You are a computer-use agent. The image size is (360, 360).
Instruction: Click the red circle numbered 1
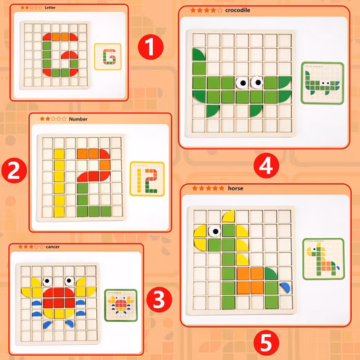150,47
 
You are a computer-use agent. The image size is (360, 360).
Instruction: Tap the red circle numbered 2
14,170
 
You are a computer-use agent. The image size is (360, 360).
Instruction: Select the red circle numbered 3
159,299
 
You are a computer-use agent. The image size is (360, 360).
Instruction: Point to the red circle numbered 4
267,165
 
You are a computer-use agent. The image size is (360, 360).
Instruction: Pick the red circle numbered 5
266,343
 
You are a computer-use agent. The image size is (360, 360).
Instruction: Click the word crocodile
237,10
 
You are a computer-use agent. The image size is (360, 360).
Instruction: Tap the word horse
235,188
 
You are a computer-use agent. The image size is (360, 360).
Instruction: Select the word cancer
53,246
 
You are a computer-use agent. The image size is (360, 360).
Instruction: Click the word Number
78,119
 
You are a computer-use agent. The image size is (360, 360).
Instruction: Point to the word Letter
50,8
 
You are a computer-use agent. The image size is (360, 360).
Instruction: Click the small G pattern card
108,57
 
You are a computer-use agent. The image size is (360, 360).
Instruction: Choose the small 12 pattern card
147,179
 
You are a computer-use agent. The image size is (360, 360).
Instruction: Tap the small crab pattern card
120,305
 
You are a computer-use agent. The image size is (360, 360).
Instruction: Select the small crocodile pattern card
323,83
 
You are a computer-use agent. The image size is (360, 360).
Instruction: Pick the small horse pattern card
323,259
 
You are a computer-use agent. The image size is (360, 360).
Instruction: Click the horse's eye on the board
215,231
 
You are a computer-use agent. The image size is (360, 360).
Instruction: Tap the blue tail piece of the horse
285,287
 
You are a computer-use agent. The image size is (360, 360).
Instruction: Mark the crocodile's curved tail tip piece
199,55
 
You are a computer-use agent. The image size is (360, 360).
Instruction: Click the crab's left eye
47,281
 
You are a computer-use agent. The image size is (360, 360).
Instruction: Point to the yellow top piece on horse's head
229,216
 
